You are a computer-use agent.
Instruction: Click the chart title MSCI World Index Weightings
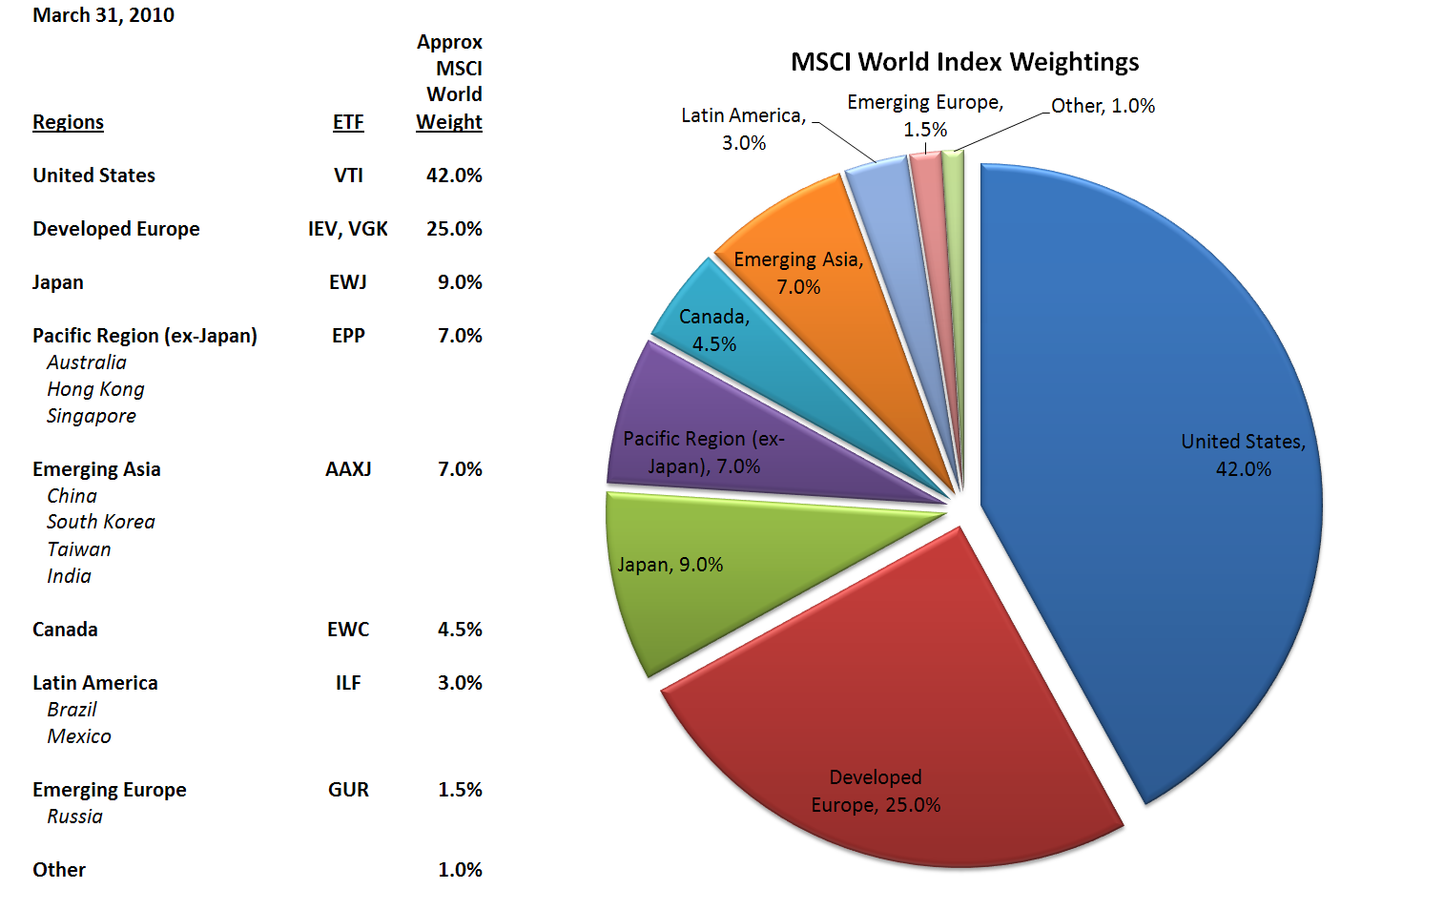click(x=964, y=62)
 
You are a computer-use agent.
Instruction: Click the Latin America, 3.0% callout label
click(x=744, y=129)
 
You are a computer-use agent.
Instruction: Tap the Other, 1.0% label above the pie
click(x=1103, y=106)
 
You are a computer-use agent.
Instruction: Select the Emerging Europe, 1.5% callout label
click(x=925, y=115)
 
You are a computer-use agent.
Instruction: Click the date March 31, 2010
click(x=103, y=15)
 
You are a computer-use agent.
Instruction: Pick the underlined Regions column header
click(x=68, y=122)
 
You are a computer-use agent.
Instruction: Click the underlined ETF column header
click(x=348, y=122)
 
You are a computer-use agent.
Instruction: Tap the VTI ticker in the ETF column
click(x=348, y=176)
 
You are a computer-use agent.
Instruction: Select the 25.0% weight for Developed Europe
click(x=454, y=229)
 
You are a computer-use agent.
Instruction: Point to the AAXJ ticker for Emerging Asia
click(x=348, y=469)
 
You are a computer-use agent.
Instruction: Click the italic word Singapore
click(x=92, y=416)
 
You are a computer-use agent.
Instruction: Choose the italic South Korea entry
click(x=101, y=522)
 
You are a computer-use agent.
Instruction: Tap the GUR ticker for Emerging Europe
click(x=348, y=790)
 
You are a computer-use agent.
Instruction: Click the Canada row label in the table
click(x=65, y=630)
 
